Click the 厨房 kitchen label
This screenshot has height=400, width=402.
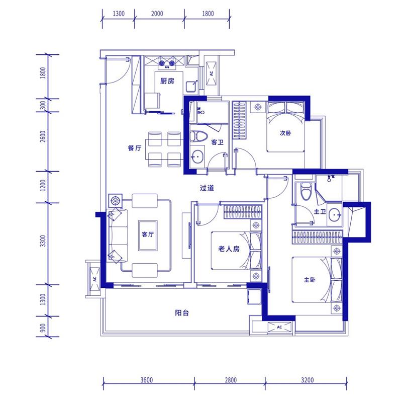pyautogui.click(x=167, y=81)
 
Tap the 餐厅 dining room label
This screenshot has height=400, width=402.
pyautogui.click(x=135, y=148)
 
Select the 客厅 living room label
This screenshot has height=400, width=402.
pyautogui.click(x=148, y=234)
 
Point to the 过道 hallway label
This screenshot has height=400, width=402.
pyautogui.click(x=207, y=188)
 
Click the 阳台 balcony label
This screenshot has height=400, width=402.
pyautogui.click(x=182, y=313)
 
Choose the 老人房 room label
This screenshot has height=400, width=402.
pyautogui.click(x=229, y=249)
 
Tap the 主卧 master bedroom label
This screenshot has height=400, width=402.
pyautogui.click(x=310, y=280)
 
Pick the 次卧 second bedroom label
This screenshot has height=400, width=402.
pyautogui.click(x=285, y=133)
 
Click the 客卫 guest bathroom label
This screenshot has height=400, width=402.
pyautogui.click(x=218, y=142)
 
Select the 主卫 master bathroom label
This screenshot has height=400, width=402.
pyautogui.click(x=320, y=211)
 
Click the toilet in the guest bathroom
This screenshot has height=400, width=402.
pyautogui.click(x=198, y=136)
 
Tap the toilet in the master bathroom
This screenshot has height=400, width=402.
pyautogui.click(x=306, y=191)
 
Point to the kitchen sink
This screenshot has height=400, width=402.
pyautogui.click(x=191, y=87)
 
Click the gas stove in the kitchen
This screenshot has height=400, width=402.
pyautogui.click(x=167, y=63)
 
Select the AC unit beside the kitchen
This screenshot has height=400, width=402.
pyautogui.click(x=212, y=73)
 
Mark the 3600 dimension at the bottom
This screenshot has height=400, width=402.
pyautogui.click(x=147, y=380)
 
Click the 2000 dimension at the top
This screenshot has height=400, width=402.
pyautogui.click(x=157, y=14)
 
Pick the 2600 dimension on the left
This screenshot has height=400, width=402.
pyautogui.click(x=43, y=136)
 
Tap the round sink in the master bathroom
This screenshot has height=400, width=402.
pyautogui.click(x=335, y=214)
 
